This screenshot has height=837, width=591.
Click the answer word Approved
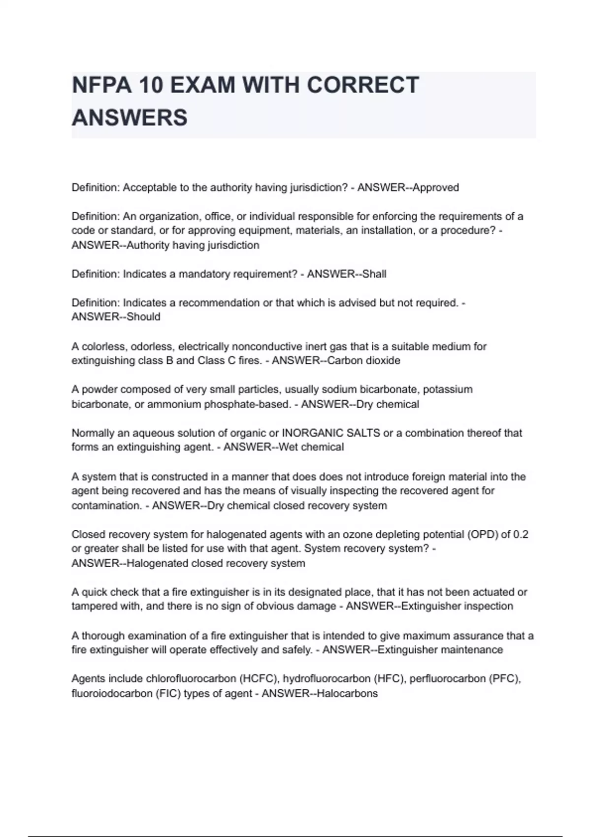coord(435,188)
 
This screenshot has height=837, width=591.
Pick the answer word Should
coord(143,317)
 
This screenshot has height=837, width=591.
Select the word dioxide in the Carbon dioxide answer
coord(381,360)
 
